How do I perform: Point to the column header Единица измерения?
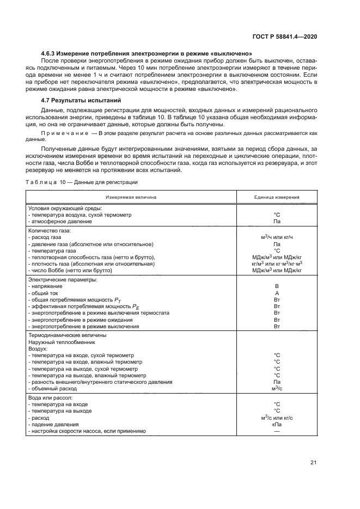coord(277,198)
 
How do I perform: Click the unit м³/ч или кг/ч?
coord(277,238)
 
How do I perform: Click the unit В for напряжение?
coord(277,286)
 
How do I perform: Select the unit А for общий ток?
coord(277,293)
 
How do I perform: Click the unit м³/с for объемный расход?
coord(277,389)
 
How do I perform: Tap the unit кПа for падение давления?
coord(277,424)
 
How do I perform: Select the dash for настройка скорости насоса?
coord(277,431)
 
